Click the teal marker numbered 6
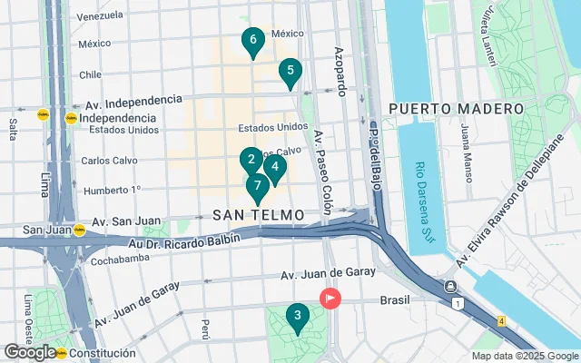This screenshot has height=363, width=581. pos(252,40)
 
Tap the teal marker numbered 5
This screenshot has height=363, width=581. pos(290,71)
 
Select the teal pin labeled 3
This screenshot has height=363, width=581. pos(296,317)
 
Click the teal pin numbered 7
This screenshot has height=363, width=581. pos(258,187)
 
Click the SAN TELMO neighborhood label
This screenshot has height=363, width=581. pos(259,215)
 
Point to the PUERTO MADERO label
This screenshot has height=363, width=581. pos(445,109)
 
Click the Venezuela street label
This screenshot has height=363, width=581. pos(100,16)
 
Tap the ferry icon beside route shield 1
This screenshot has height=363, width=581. pos(451,287)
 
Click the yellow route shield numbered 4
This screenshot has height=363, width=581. pos(502,320)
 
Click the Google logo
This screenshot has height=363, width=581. pos(29,352)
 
